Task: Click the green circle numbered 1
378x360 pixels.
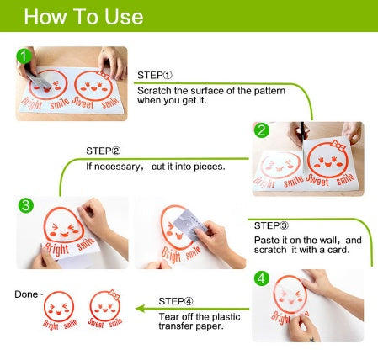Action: (24, 56)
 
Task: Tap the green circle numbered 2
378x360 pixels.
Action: (262, 130)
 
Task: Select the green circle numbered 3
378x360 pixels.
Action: (26, 205)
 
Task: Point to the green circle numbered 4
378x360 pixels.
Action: (262, 278)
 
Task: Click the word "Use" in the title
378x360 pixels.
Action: (124, 17)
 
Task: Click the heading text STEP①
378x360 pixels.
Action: (155, 76)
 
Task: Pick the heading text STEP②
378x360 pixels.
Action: (104, 151)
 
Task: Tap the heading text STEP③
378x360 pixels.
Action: (271, 225)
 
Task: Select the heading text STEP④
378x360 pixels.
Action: (176, 301)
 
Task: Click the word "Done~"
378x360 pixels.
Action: (29, 294)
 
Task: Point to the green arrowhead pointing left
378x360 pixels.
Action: (140, 309)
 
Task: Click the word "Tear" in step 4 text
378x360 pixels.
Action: (168, 317)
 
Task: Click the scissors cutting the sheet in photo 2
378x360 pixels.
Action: (302, 134)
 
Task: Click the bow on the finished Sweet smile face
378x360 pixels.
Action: (114, 294)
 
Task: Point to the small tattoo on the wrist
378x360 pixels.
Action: (311, 340)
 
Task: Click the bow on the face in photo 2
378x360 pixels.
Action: (338, 146)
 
